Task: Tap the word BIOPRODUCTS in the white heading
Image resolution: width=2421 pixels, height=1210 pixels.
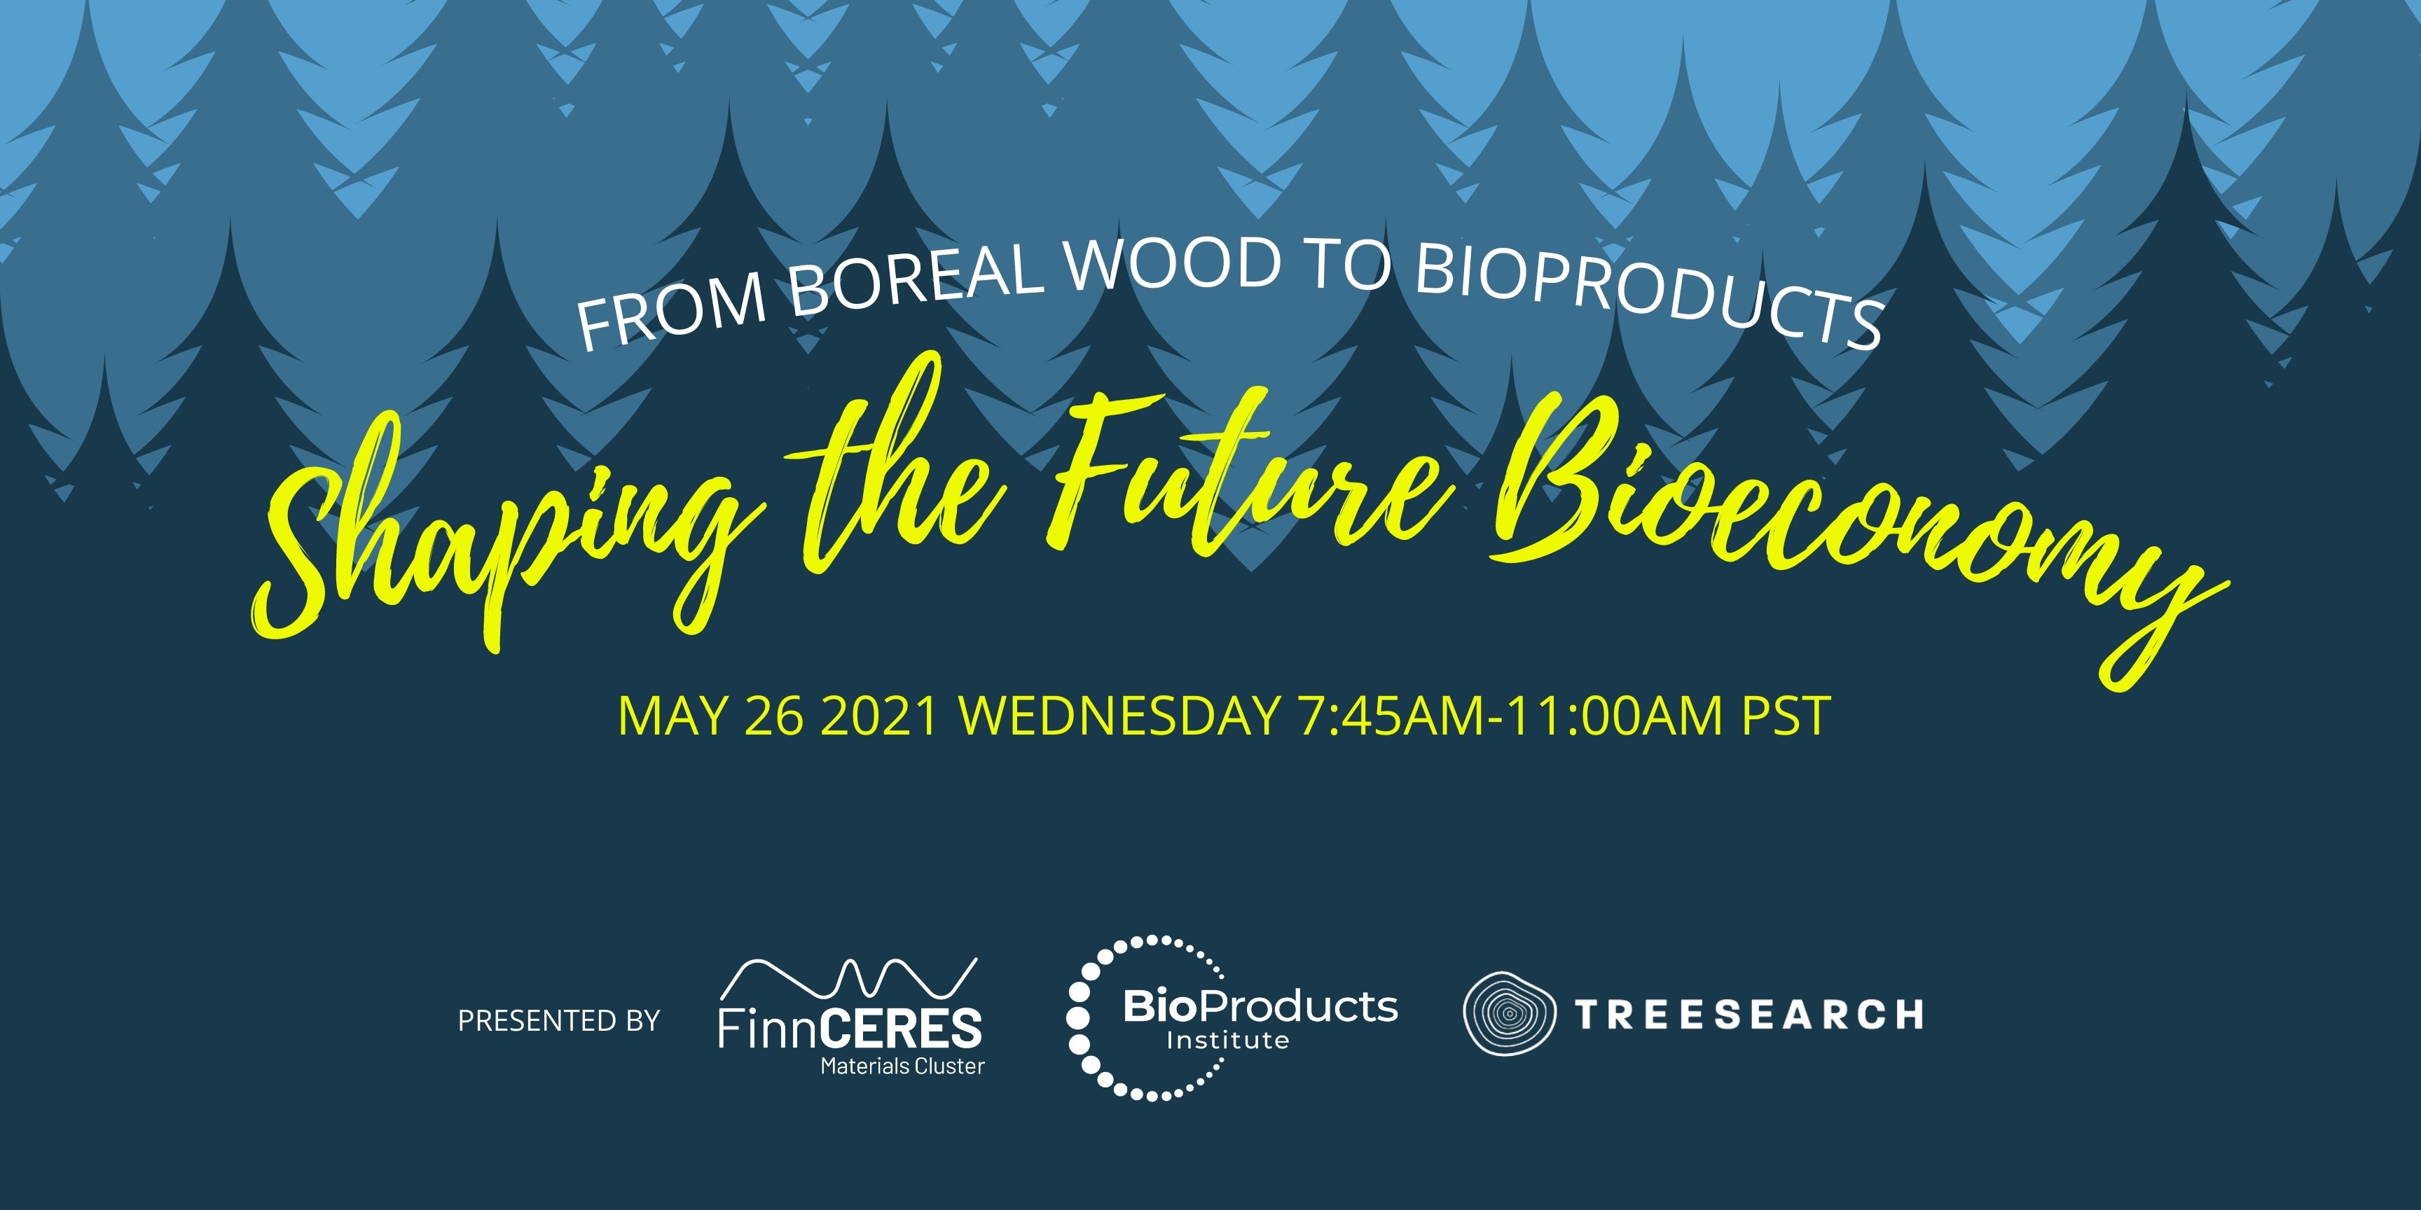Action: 1650,293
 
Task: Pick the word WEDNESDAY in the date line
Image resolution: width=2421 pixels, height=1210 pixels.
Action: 1119,716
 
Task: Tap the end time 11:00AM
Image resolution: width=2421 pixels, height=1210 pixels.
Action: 1617,716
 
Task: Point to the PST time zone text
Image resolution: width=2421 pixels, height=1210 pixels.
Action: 1786,716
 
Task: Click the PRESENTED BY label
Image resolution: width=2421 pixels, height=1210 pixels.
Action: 559,1020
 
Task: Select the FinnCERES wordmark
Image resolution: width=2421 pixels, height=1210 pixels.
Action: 850,1028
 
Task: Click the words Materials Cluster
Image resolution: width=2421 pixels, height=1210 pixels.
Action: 902,1066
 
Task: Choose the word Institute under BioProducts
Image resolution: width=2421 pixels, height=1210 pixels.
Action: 1227,1040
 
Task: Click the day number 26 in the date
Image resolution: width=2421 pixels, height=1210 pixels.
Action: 773,716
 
